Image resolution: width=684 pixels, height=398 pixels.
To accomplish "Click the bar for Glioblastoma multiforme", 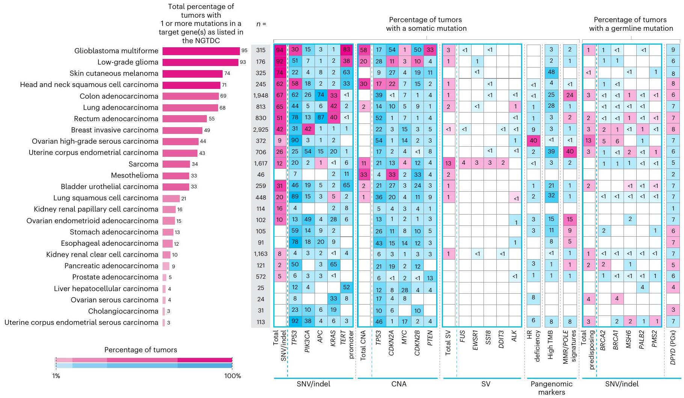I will [x=201, y=51].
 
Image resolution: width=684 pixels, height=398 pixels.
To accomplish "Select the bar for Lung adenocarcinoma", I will [x=190, y=108].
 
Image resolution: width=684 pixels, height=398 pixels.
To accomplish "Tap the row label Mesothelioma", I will [x=134, y=176].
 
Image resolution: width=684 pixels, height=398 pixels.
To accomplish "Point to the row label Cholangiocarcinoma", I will [x=123, y=311].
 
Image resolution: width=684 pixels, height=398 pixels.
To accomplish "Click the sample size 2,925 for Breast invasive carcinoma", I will [x=261, y=130].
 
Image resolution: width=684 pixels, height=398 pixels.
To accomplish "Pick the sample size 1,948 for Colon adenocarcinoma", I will [x=261, y=96].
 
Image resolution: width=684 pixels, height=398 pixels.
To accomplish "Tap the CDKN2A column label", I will [x=392, y=343].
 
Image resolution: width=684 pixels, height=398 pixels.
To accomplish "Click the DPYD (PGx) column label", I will [x=673, y=347].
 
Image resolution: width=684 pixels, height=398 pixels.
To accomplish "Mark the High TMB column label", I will [x=551, y=345].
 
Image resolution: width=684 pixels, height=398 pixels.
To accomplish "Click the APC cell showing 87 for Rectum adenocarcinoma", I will [x=321, y=118].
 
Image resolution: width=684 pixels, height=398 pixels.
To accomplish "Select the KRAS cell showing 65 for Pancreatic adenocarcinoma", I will [x=333, y=264].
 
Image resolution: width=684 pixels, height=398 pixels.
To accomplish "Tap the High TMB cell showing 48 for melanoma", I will [x=551, y=72].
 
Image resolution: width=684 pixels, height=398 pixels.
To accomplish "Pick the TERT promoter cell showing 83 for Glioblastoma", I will [x=346, y=50].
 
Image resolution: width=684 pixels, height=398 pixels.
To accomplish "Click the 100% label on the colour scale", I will [x=232, y=376].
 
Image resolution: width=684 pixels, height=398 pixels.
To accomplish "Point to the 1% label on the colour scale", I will [x=56, y=376].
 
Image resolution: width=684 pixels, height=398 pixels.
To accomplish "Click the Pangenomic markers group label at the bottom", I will [x=551, y=388].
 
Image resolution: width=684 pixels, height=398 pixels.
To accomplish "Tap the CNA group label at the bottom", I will [x=399, y=384].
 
